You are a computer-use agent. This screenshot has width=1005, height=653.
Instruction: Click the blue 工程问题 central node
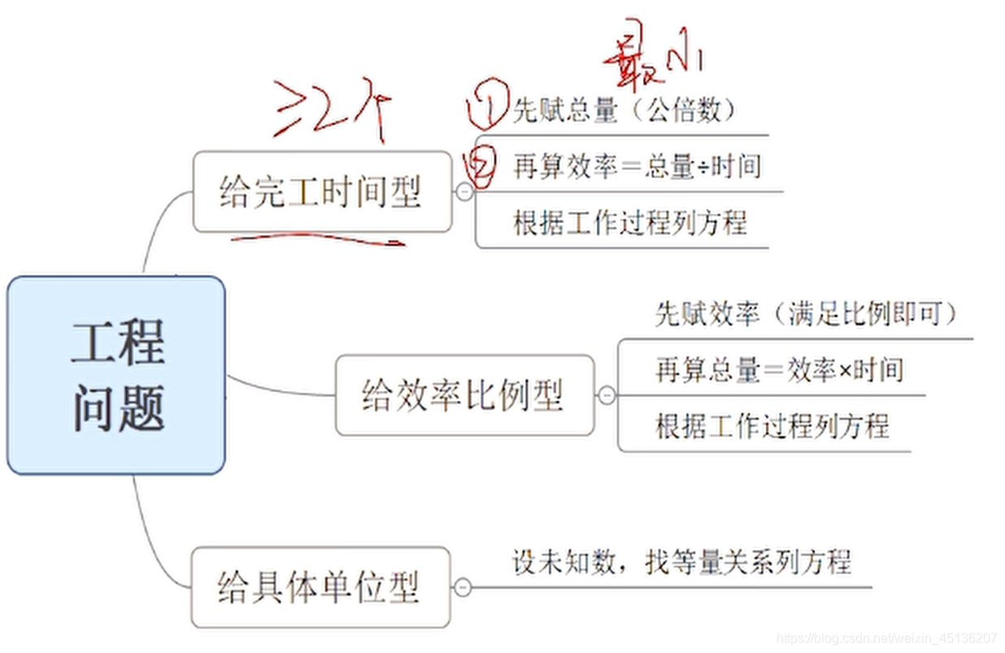click(x=116, y=375)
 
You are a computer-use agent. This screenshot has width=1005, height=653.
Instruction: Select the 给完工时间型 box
click(x=321, y=192)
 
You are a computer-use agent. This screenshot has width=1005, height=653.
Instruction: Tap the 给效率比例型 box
click(x=463, y=395)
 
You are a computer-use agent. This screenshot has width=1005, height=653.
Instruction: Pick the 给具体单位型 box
click(x=320, y=587)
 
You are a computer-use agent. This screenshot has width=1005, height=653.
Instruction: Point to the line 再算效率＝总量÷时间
click(x=637, y=167)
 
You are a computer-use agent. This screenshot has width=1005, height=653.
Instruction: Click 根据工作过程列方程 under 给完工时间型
click(x=629, y=222)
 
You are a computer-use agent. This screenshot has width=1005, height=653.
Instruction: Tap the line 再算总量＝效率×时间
click(x=779, y=370)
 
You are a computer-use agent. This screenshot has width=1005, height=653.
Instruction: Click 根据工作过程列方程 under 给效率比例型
click(x=772, y=425)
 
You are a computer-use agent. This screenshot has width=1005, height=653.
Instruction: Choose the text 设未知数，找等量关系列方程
click(x=681, y=562)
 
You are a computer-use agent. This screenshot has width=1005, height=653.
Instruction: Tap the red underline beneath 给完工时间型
click(x=317, y=241)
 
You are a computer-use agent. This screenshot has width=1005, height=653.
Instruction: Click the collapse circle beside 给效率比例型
click(x=607, y=396)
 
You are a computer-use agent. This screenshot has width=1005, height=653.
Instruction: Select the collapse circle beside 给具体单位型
click(x=462, y=587)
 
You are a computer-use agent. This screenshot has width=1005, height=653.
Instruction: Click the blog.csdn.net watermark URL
click(x=886, y=638)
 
